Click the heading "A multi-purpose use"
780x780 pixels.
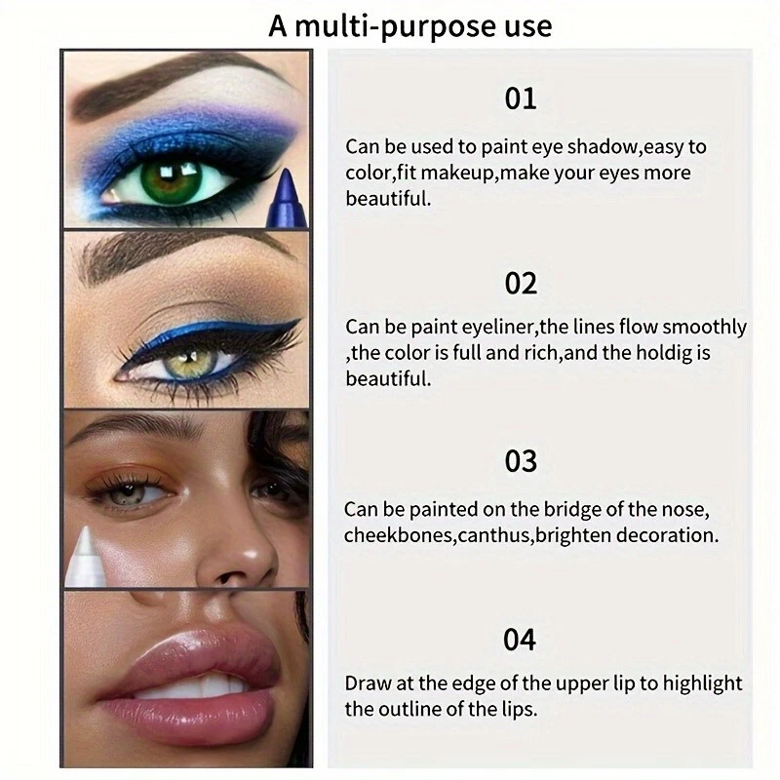click(409, 24)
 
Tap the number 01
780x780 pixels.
click(521, 98)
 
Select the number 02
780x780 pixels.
click(521, 283)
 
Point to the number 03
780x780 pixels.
click(521, 459)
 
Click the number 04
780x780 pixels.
click(521, 640)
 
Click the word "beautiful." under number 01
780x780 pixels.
click(387, 199)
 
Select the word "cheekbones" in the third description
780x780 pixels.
click(388, 535)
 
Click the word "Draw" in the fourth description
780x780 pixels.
click(368, 683)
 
